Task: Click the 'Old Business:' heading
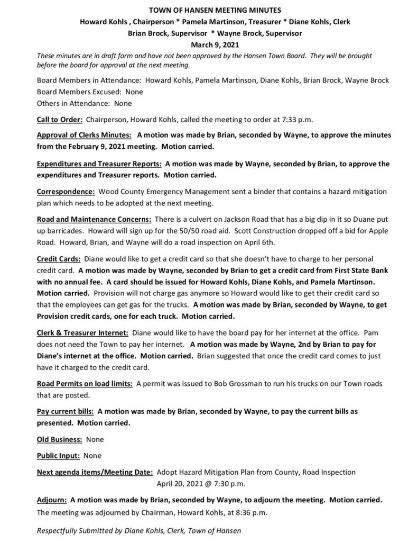pyautogui.click(x=59, y=439)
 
